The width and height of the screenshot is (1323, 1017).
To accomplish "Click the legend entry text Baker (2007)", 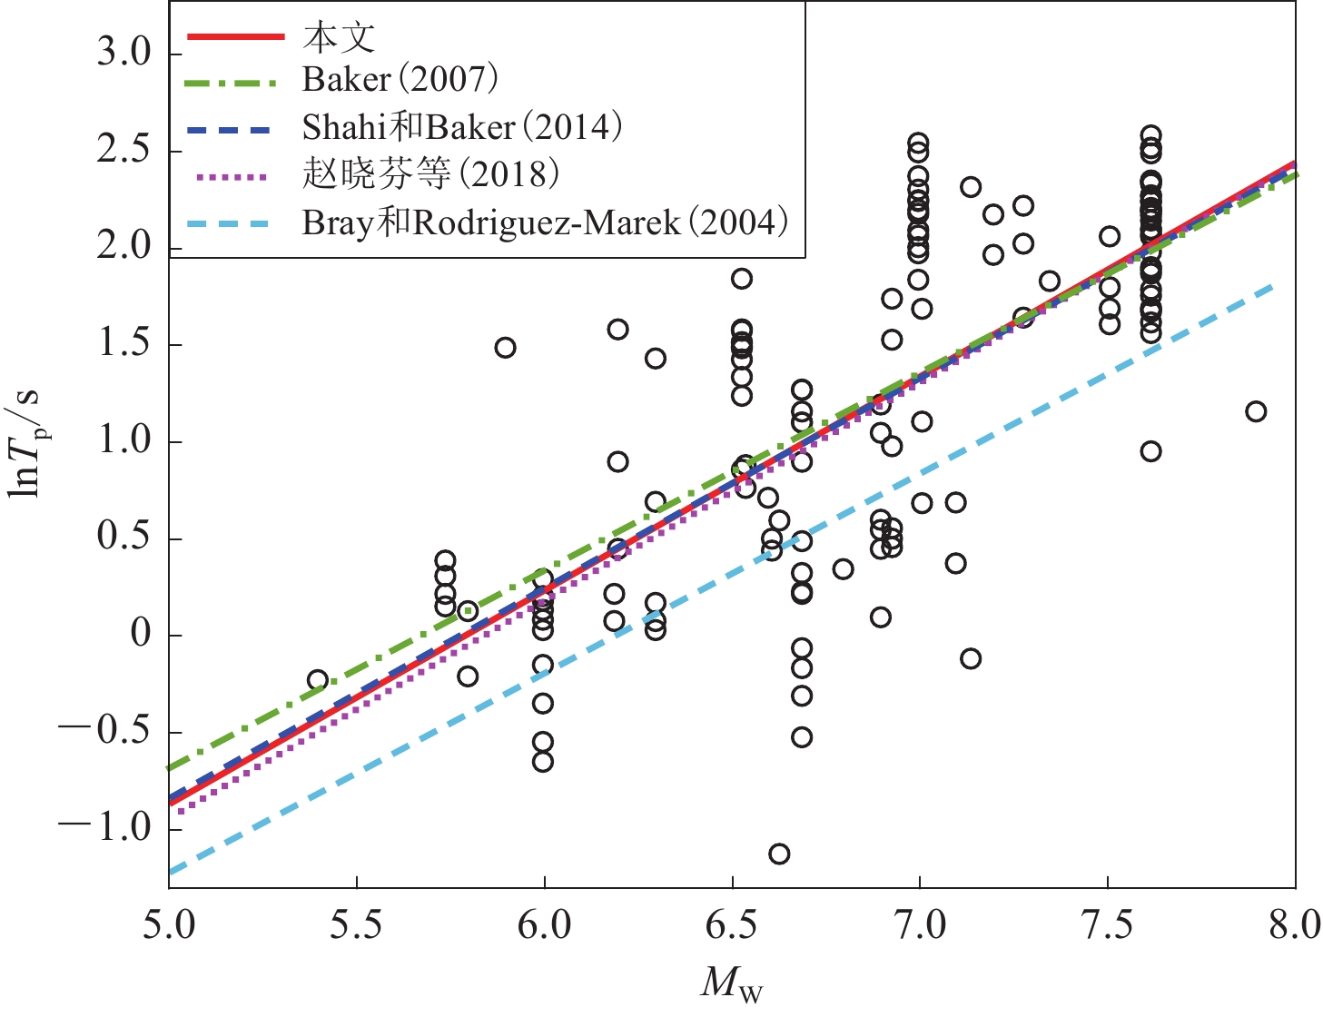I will (x=400, y=80).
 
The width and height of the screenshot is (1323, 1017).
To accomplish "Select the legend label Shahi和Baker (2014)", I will (x=462, y=127).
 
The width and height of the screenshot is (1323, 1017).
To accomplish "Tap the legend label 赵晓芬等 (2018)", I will (x=430, y=174).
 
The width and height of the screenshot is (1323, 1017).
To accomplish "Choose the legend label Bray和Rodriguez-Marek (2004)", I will (x=545, y=222).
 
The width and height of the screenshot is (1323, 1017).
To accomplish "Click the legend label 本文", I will (x=339, y=37).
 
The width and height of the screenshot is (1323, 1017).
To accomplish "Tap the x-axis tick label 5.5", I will (x=356, y=925).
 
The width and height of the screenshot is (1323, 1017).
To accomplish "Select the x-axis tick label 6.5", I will (x=732, y=925).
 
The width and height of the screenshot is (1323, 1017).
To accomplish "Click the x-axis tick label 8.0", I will (x=1295, y=925).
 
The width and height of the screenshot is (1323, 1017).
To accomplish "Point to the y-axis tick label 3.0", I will (x=123, y=54).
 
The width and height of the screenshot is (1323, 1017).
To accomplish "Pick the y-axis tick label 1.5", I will (x=123, y=345).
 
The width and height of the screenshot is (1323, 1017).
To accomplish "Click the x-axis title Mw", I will (x=732, y=984).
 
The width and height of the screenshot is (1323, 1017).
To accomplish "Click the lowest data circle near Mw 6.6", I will (x=779, y=854).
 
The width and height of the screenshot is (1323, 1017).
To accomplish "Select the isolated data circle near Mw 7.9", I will (x=1256, y=411).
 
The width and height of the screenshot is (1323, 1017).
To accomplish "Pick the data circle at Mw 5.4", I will (x=318, y=679).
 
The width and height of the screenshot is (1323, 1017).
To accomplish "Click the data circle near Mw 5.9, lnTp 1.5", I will (x=506, y=348).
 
